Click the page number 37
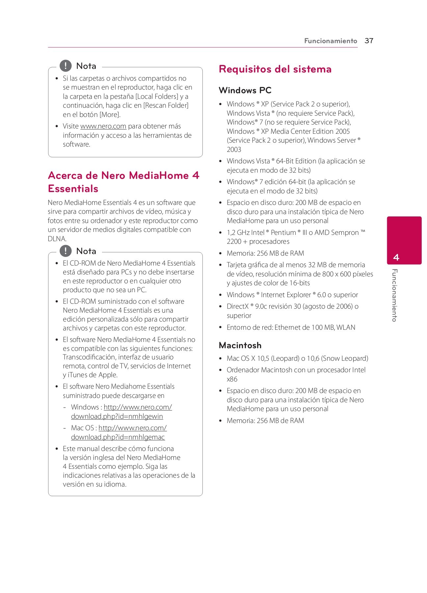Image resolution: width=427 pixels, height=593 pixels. [x=369, y=41]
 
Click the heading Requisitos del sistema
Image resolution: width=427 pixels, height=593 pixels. [x=275, y=69]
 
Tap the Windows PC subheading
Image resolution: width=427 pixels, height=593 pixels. [x=245, y=90]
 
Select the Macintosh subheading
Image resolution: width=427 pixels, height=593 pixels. [x=240, y=345]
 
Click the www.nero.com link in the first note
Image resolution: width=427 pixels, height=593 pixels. [x=103, y=126]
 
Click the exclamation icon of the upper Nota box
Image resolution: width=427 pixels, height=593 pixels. [x=66, y=66]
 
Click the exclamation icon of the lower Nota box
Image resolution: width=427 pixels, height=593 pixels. [x=66, y=251]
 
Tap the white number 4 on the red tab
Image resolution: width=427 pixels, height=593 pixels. [x=396, y=257]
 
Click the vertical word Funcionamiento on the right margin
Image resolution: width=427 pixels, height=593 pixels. [x=394, y=295]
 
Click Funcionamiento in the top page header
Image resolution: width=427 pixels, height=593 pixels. [x=330, y=41]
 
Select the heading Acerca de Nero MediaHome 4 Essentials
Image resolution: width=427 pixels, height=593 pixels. [x=123, y=182]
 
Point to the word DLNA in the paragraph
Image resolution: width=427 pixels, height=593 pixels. [x=57, y=239]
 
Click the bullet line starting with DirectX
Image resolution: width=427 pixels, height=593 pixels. [x=292, y=306]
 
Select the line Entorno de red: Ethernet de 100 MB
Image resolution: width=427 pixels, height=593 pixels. [x=291, y=327]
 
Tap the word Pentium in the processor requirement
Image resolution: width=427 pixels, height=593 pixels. [x=283, y=233]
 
